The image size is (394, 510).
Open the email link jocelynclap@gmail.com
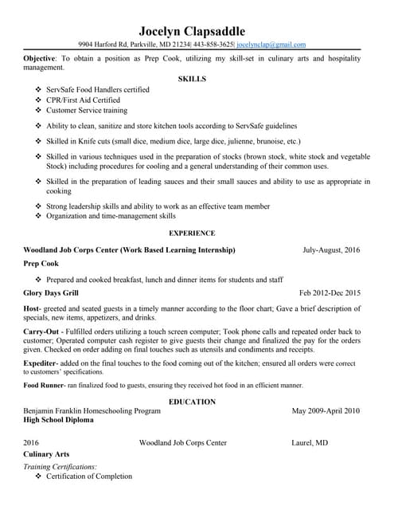[x=271, y=45]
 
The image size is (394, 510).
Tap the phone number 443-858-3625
[x=213, y=45]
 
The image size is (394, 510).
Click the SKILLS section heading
[x=192, y=80]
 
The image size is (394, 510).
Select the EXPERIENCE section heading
[x=192, y=233]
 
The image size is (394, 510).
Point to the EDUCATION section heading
[x=192, y=402]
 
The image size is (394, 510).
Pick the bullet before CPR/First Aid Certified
[x=38, y=100]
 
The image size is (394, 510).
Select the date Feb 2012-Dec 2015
[x=330, y=293]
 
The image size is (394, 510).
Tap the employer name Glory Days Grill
[x=52, y=293]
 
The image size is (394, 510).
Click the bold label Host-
[x=32, y=309]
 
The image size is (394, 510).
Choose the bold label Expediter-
[x=45, y=363]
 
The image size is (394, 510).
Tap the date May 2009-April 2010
[x=326, y=410]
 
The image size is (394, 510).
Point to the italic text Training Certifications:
[x=60, y=466]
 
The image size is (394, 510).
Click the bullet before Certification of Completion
[x=38, y=477]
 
